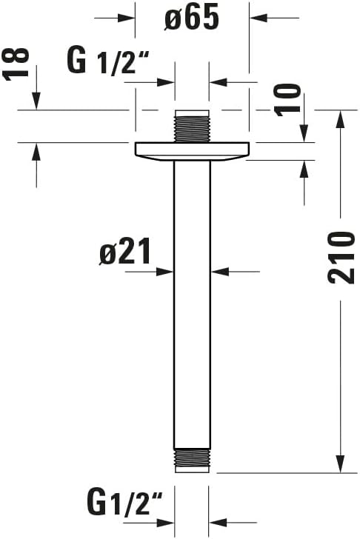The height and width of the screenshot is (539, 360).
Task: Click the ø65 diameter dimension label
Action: (192, 19)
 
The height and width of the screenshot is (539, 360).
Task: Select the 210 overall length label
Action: (341, 257)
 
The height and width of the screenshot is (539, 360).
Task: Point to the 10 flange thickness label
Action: (291, 99)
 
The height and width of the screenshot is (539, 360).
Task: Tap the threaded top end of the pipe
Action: (192, 127)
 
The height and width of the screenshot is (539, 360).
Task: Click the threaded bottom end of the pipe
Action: (192, 460)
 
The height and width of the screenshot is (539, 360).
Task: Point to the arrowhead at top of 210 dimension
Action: (340, 118)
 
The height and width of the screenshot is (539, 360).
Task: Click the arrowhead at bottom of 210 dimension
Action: (340, 463)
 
